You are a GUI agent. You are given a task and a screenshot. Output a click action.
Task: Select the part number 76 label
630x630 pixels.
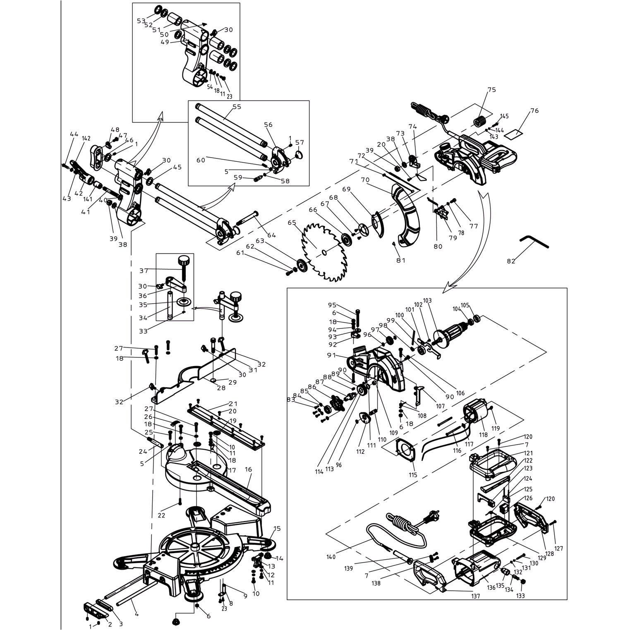tap(534, 110)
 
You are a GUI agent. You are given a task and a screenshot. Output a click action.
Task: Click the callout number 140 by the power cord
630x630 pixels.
tap(331, 557)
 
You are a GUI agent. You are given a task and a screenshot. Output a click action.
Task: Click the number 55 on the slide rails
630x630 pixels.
tap(237, 107)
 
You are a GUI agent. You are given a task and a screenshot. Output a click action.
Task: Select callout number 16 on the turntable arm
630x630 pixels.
tap(248, 469)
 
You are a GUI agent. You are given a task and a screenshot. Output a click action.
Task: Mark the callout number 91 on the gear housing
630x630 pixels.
tap(331, 355)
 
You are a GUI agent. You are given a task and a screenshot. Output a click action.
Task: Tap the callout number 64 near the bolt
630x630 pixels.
tap(271, 235)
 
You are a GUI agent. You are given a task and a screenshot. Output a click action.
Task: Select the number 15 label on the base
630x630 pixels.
tap(277, 528)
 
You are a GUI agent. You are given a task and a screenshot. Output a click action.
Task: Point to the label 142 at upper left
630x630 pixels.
tap(86, 138)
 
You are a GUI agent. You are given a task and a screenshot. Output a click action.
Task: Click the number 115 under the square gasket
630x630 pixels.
tap(413, 475)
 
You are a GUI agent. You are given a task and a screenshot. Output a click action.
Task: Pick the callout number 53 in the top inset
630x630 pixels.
tap(141, 21)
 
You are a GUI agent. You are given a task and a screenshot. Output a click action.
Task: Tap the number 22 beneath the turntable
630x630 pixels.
tap(161, 515)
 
